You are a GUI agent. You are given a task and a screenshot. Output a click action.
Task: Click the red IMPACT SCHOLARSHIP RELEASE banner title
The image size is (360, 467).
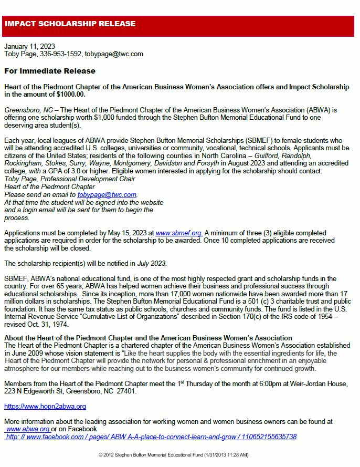coord(70,24)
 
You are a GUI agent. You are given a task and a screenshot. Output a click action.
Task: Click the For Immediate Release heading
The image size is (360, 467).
coord(50,71)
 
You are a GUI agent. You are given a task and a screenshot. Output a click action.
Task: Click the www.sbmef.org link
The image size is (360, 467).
coord(179,233)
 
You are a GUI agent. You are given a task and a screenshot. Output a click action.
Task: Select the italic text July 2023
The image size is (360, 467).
coord(152,263)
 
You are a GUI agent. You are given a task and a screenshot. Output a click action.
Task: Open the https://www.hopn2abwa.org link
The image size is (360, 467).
coord(45,407)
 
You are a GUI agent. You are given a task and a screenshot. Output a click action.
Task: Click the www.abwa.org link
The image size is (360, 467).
coord(27,429)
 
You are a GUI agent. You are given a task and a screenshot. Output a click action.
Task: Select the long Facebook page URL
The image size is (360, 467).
coord(151,437)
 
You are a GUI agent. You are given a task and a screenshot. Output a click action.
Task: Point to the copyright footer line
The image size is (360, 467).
coord(173,454)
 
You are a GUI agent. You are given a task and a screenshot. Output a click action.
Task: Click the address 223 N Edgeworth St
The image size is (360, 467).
coord(38,391)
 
